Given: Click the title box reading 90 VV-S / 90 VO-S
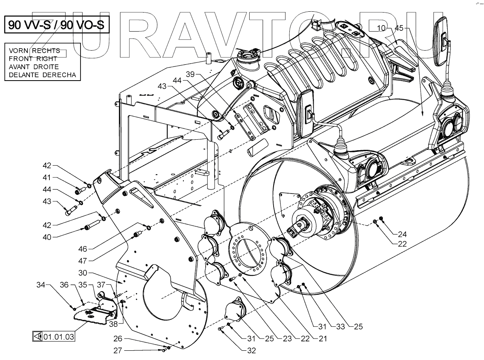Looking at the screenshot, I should click(57, 25).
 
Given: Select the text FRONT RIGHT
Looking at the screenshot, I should click(33, 59).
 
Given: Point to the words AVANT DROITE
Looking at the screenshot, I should click(34, 67).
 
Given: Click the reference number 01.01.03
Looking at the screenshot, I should click(58, 336).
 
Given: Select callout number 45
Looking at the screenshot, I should click(399, 28).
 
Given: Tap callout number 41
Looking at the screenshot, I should click(48, 177).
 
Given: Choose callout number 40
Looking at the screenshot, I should click(47, 237).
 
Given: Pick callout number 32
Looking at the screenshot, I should click(251, 351).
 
